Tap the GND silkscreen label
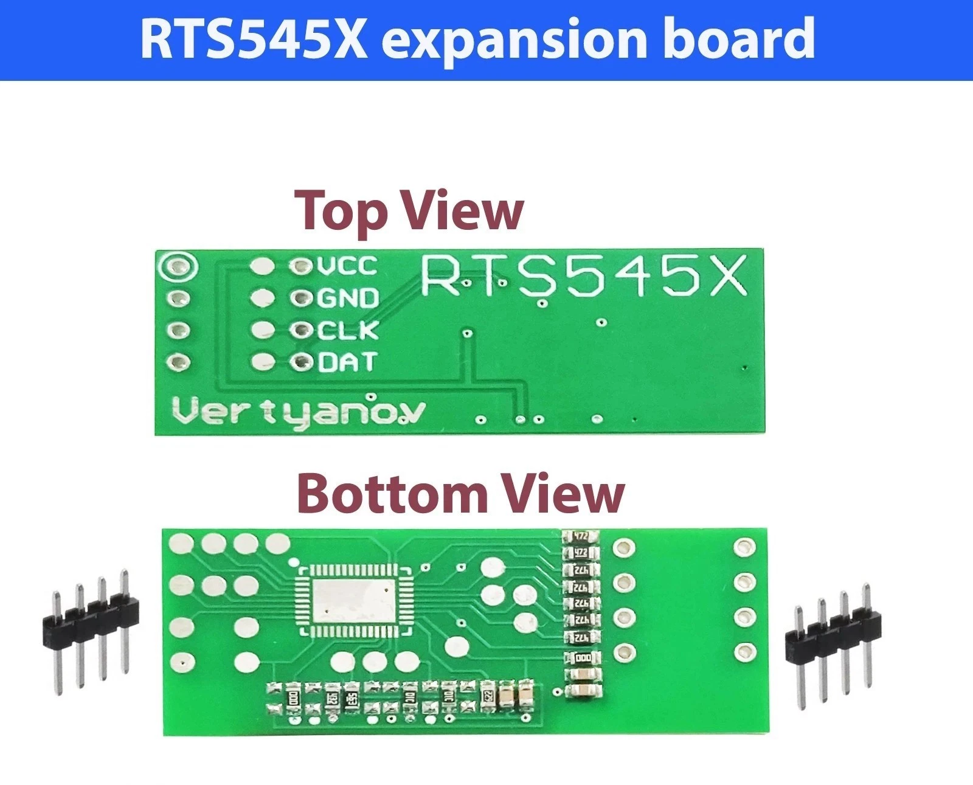pyautogui.click(x=348, y=298)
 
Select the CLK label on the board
pyautogui.click(x=348, y=330)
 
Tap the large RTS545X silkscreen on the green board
pyautogui.click(x=583, y=277)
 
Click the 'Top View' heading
pyautogui.click(x=409, y=210)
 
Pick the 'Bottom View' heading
pyautogui.click(x=460, y=494)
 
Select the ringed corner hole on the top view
pyautogui.click(x=177, y=266)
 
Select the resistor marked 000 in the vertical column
pyautogui.click(x=582, y=658)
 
